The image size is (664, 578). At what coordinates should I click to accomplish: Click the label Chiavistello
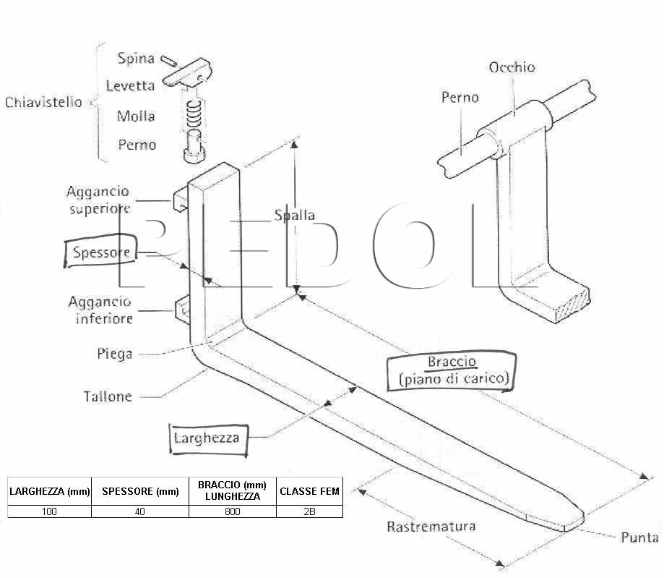[x=43, y=102]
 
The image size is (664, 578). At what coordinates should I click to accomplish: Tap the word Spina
[x=136, y=58]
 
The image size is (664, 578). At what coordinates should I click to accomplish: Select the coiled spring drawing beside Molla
[x=194, y=114]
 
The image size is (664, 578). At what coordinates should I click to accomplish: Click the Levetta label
[x=130, y=86]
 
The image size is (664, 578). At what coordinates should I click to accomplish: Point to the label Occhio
[x=512, y=67]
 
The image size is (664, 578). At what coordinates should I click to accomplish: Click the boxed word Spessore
[x=100, y=252]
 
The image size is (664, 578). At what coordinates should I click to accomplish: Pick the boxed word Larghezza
[x=207, y=438]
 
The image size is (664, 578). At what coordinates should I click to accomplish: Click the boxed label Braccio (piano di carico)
[x=452, y=370]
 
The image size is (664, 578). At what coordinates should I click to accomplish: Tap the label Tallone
[x=108, y=396]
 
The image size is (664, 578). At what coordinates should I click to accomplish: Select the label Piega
[x=115, y=354]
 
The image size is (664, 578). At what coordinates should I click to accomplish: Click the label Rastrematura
[x=431, y=527]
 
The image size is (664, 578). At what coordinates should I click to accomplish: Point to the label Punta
[x=639, y=537]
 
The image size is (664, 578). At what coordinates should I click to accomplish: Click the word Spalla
[x=295, y=216]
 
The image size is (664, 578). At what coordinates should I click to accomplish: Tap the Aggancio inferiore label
[x=100, y=310]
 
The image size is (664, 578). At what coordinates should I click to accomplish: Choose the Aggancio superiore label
[x=98, y=200]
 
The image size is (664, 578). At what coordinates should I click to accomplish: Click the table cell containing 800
[x=233, y=511]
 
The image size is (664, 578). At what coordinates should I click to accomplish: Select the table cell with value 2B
[x=309, y=511]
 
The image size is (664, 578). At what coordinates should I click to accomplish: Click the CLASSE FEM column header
[x=309, y=491]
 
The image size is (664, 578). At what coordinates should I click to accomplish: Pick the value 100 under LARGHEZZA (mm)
[x=49, y=511]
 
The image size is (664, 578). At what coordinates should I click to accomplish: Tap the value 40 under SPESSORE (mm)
[x=139, y=511]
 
